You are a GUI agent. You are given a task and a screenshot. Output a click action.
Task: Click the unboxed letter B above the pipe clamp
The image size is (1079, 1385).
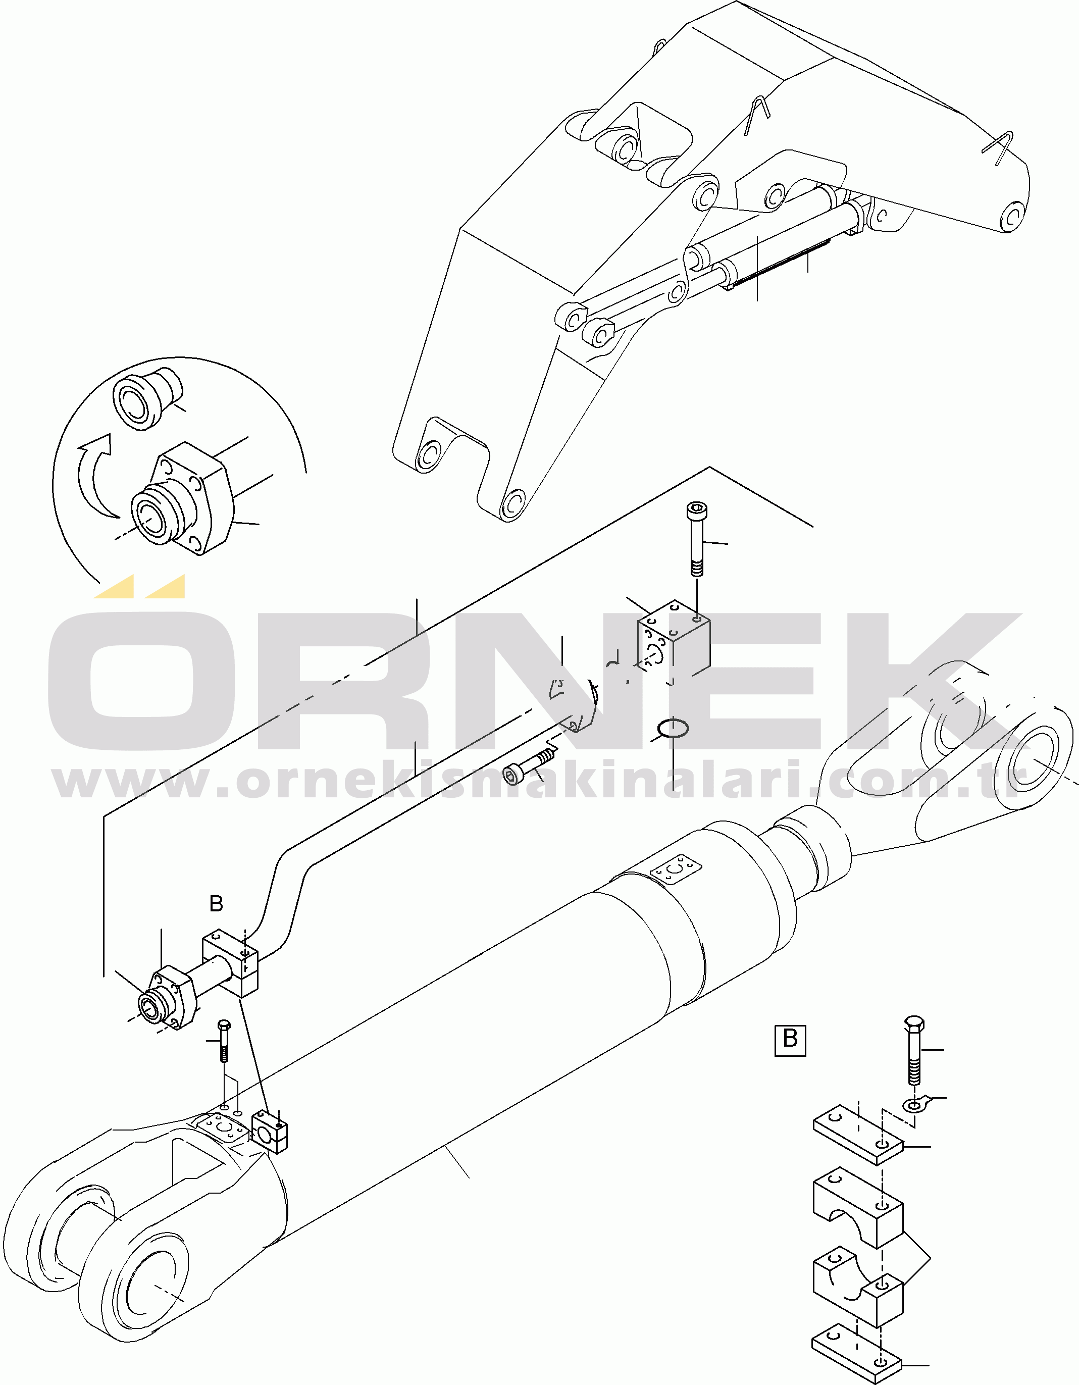tap(216, 904)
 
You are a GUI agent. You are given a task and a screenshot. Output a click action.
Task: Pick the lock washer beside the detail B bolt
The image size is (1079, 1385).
tap(916, 1105)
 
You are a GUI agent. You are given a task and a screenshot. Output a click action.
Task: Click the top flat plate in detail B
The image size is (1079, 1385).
tap(858, 1137)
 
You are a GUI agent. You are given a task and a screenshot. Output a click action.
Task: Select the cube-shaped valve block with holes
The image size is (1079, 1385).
tap(673, 639)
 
